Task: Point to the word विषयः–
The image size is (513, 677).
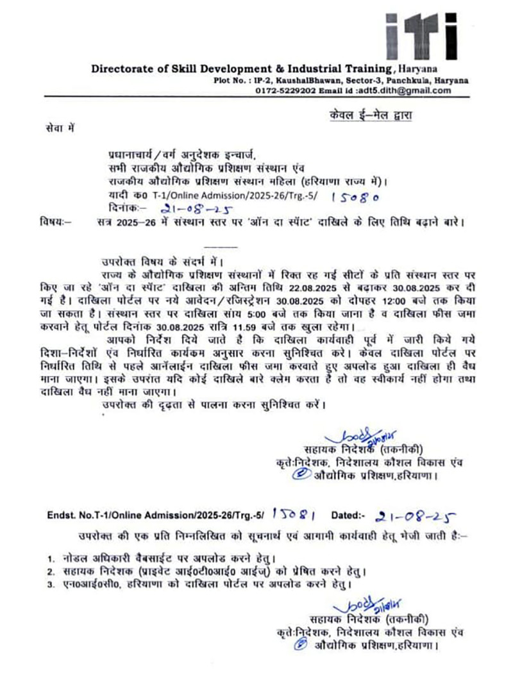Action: click(56, 222)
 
